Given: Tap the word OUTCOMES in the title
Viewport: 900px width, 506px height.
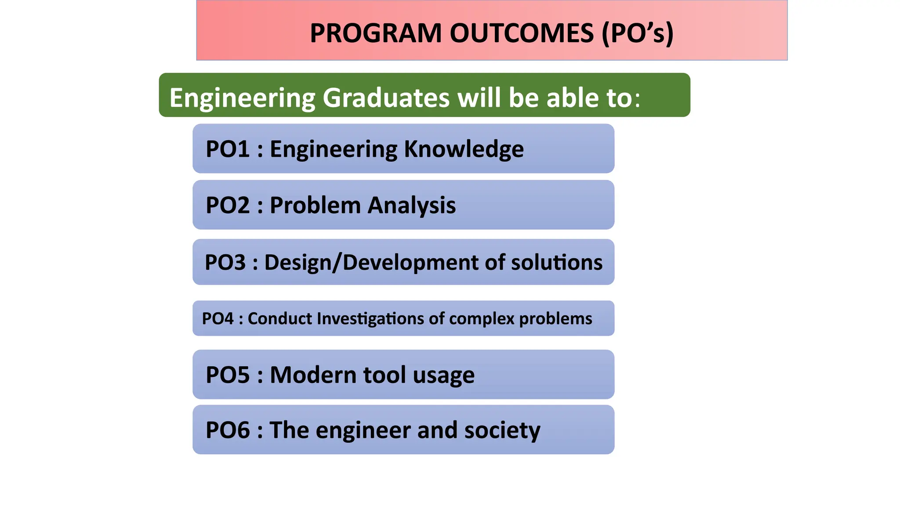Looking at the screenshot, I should click(522, 33).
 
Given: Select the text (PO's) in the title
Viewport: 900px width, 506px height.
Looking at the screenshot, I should click(637, 33).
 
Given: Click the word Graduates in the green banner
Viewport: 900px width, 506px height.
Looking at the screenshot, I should click(386, 98).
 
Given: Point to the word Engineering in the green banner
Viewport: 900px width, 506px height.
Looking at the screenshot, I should click(242, 98).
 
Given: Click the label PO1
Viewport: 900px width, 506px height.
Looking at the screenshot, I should click(228, 149).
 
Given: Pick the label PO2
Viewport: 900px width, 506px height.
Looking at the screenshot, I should click(228, 205).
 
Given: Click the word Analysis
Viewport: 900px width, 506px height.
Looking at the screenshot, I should click(412, 205).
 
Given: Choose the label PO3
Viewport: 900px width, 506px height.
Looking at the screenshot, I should click(225, 262).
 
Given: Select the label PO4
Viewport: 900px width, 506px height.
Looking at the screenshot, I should click(218, 318).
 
